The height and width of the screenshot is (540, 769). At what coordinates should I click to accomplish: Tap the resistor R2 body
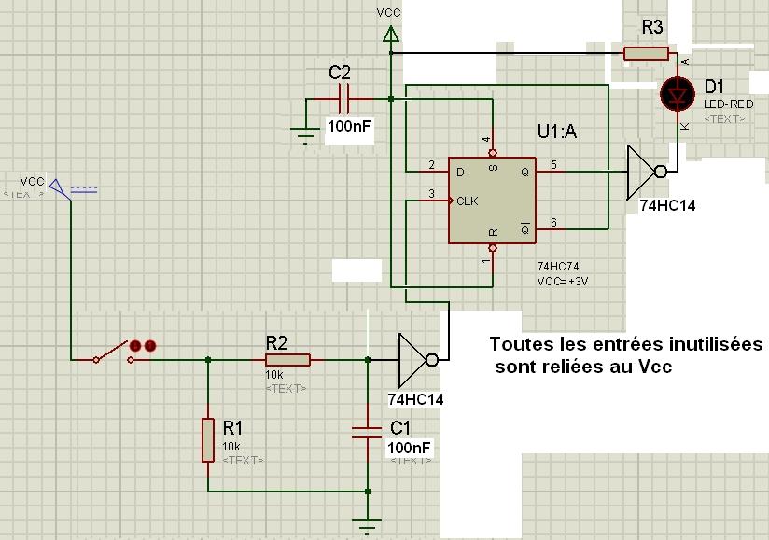pos(287,359)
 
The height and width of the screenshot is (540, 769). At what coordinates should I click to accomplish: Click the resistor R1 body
pos(207,438)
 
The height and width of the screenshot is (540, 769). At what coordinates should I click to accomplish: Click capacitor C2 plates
pos(343,97)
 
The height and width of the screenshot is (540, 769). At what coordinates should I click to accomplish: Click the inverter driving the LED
pos(645,172)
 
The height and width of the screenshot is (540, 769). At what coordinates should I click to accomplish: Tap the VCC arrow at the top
pos(390,34)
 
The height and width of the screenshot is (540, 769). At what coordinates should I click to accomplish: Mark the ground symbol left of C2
pos(305,135)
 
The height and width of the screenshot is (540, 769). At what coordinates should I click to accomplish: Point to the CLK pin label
pos(466,200)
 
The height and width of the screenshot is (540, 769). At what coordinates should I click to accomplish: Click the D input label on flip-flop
pos(459,173)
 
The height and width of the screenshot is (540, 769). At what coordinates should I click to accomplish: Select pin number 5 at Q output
pos(552,166)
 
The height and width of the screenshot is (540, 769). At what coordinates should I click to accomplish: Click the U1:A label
pos(557,131)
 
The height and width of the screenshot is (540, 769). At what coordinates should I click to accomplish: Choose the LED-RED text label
pos(728,104)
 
